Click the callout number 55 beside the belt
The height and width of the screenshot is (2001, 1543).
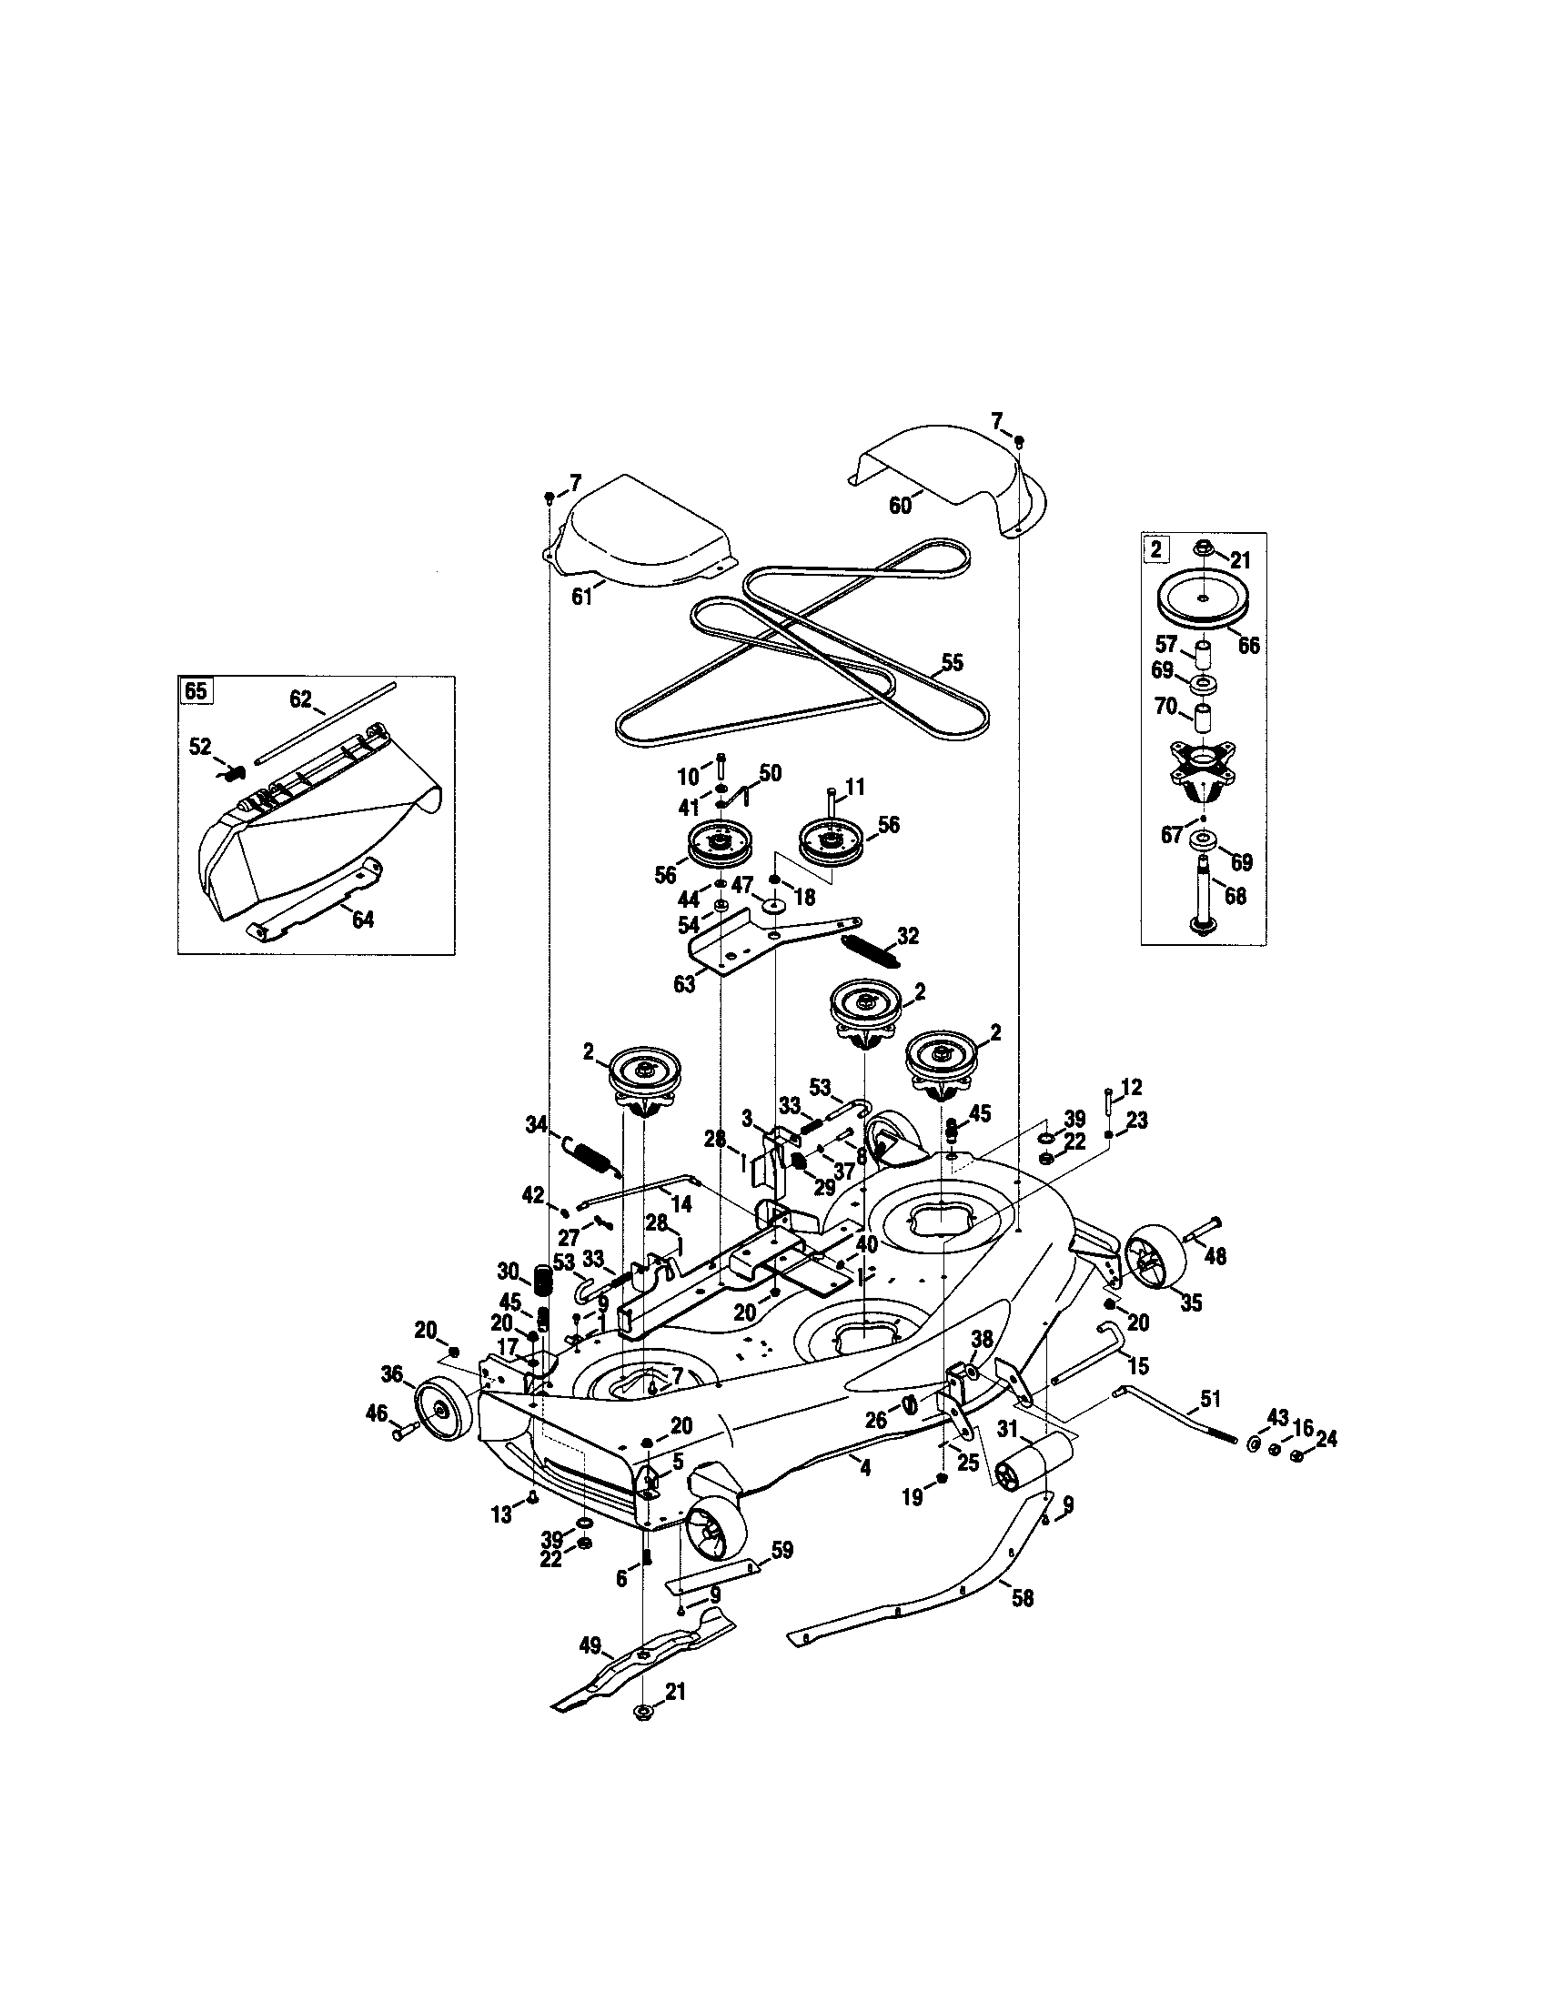(x=952, y=663)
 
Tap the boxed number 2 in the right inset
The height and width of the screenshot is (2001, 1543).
(x=1155, y=549)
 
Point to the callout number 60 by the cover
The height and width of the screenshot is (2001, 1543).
(x=900, y=505)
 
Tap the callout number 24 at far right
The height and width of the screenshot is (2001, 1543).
(x=1325, y=1440)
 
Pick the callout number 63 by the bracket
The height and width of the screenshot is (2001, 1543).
(x=683, y=985)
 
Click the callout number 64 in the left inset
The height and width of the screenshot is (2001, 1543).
(x=363, y=920)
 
